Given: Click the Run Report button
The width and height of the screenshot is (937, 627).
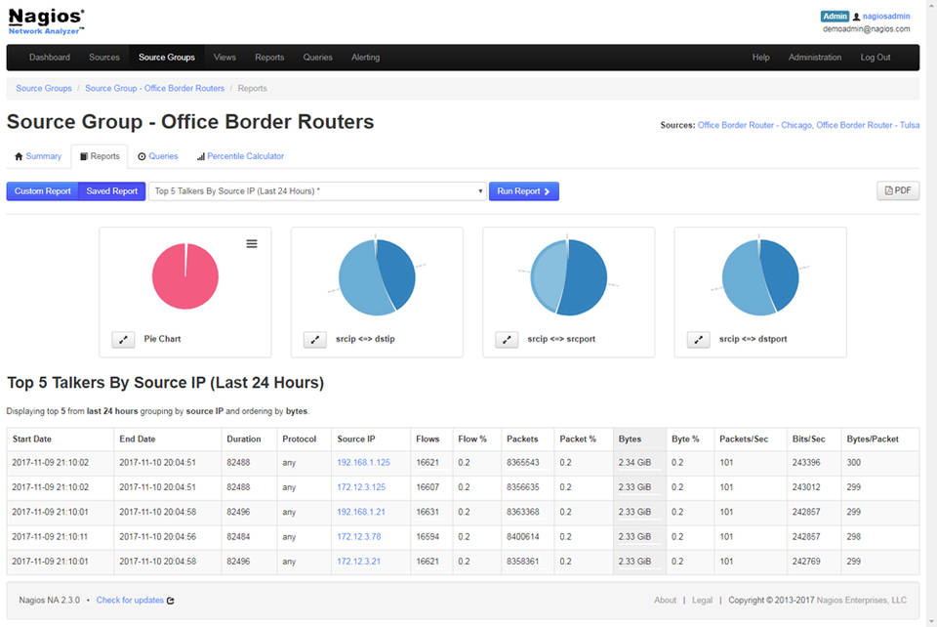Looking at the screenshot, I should [x=523, y=191].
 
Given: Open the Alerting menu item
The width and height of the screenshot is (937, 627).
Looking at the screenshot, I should [x=365, y=58].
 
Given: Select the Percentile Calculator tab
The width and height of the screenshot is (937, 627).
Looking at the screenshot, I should [x=245, y=156].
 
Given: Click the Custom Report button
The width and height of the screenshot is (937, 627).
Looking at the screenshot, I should [x=42, y=191].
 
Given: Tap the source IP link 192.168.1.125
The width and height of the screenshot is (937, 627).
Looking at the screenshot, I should [x=363, y=463].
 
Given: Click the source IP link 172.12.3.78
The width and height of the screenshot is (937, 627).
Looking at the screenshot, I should [x=358, y=536].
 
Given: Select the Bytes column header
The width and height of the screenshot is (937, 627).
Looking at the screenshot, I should [x=630, y=439].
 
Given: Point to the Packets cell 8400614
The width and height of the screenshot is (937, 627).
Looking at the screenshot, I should [x=525, y=536].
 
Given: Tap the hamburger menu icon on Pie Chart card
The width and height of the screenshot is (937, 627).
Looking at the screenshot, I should [x=252, y=243].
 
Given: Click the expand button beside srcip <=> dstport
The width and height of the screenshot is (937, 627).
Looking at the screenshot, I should [x=698, y=339].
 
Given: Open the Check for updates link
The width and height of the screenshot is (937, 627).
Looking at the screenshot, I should [x=130, y=601].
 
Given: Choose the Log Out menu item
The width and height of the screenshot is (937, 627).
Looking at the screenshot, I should [x=875, y=58].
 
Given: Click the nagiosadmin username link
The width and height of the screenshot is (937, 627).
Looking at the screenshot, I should [x=885, y=17].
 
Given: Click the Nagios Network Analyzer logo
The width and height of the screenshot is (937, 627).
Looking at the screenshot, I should [x=46, y=21].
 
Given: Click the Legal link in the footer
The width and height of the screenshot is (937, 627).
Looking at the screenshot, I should [x=702, y=601].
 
